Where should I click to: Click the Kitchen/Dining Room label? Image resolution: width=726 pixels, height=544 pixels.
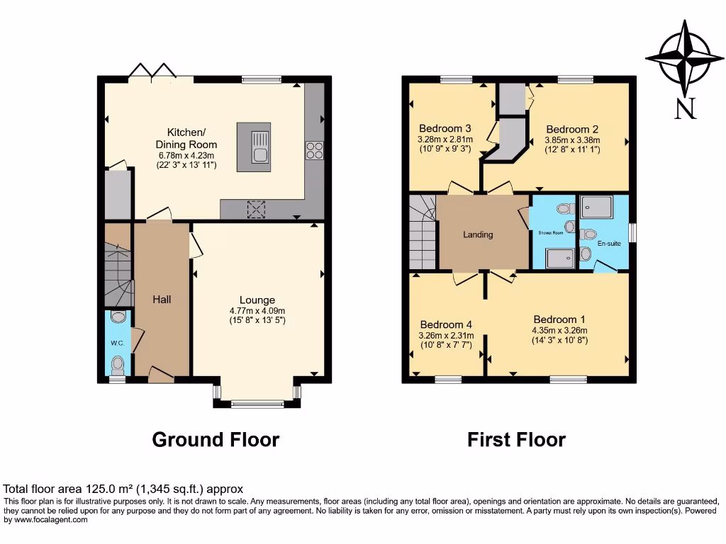click(186, 138)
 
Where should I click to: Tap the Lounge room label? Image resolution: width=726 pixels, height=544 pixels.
click(257, 300)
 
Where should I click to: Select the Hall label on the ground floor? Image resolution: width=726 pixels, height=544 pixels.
click(162, 300)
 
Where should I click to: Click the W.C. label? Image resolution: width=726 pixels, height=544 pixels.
click(117, 344)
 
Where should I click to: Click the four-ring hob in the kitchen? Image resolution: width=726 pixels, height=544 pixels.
click(314, 149)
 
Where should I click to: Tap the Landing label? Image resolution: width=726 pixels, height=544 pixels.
click(478, 234)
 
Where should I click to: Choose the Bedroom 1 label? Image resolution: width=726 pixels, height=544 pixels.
click(559, 319)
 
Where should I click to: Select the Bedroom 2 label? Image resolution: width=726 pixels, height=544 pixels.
click(572, 129)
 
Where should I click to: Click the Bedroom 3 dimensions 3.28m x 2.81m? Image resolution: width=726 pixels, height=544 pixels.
click(445, 140)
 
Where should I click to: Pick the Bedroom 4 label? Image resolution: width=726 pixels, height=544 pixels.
click(445, 324)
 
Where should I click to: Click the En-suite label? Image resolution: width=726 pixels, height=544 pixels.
click(608, 243)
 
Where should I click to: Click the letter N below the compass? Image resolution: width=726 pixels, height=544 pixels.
click(685, 108)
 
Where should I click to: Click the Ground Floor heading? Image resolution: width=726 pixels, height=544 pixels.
click(216, 440)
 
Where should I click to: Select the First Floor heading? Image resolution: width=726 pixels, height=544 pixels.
click(516, 440)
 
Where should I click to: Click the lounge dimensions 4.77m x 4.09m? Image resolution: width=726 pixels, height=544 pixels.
click(257, 310)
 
